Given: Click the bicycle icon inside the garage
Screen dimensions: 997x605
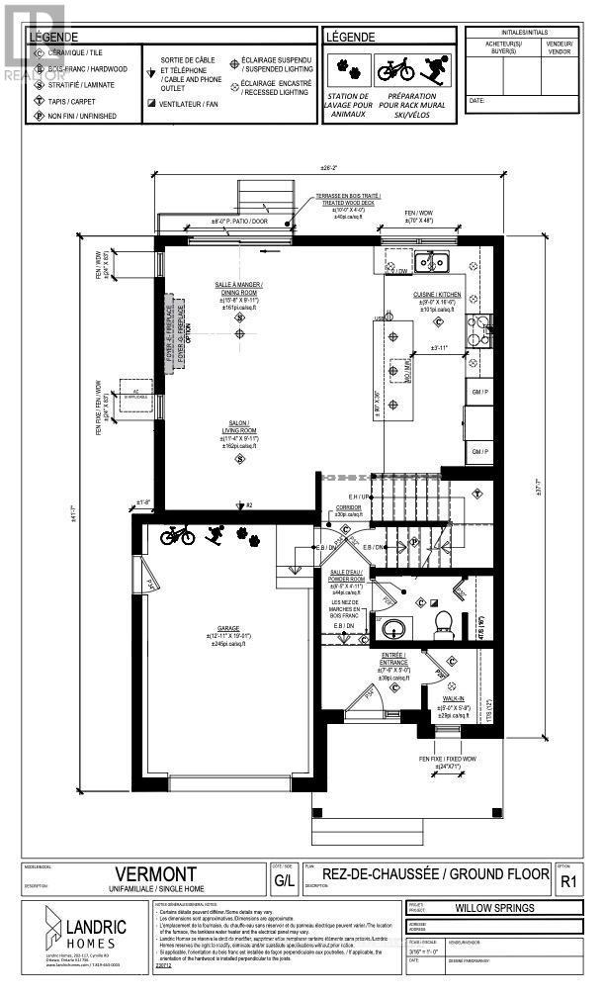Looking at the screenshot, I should (x=178, y=535).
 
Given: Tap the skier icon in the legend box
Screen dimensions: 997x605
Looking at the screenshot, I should (x=428, y=71).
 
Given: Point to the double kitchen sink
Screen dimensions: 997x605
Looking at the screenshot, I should (x=431, y=262).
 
